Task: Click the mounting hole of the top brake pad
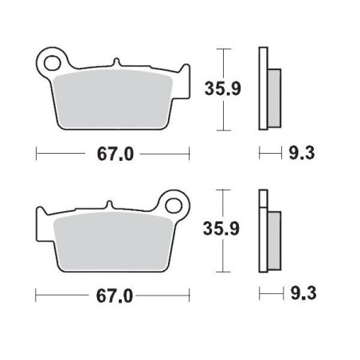tap(53, 61)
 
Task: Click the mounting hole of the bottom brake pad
tap(174, 202)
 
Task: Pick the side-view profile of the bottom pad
tap(268, 231)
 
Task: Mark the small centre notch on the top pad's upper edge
tap(116, 63)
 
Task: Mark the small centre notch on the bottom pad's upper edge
tap(111, 205)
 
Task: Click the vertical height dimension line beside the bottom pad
tap(226, 231)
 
